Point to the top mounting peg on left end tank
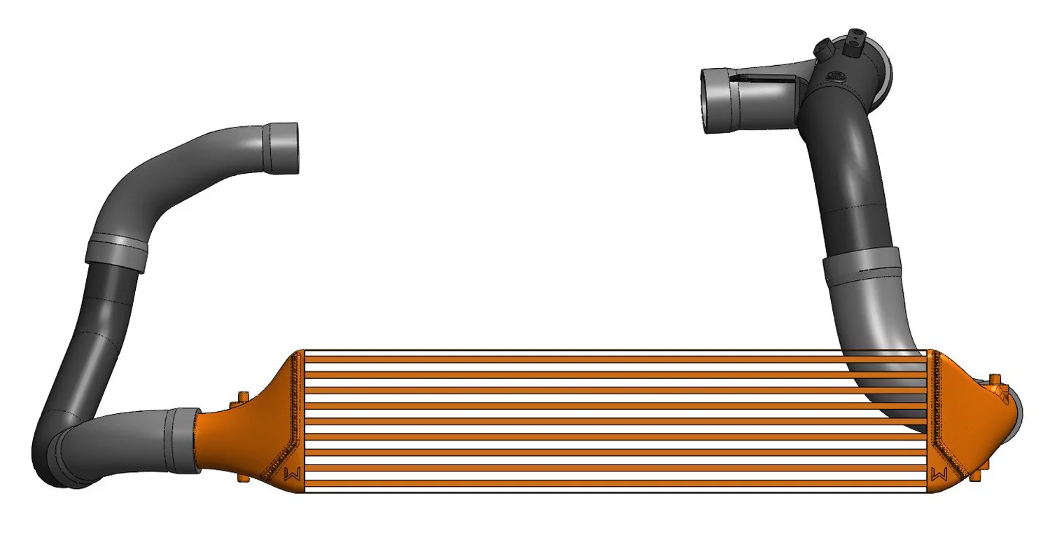(242, 398)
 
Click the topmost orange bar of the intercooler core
(616, 359)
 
